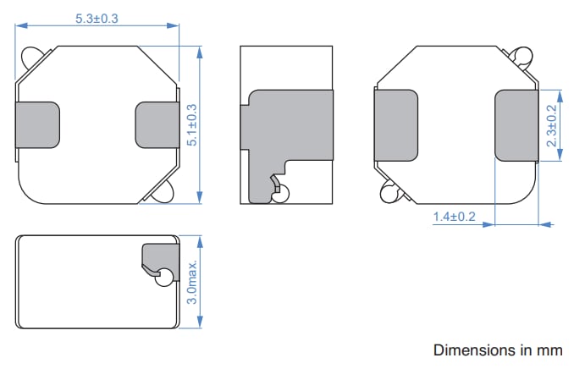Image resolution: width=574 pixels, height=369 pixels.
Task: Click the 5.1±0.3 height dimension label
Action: click(x=191, y=124)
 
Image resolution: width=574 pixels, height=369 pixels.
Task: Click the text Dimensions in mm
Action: click(x=498, y=350)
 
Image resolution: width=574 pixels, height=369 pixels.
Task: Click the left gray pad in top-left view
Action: click(x=38, y=124)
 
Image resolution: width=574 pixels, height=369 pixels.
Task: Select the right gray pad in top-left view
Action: click(x=156, y=124)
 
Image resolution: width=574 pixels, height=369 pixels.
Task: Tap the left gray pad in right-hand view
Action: click(x=396, y=124)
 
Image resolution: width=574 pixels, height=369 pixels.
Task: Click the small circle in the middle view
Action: click(x=280, y=194)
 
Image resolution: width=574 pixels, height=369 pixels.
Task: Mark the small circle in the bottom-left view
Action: click(x=166, y=276)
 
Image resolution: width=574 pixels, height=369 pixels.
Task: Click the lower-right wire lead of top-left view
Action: click(x=164, y=191)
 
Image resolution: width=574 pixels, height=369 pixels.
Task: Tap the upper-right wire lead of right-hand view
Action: click(x=522, y=58)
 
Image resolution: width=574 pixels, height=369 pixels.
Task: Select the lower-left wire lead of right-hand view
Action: click(x=389, y=193)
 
